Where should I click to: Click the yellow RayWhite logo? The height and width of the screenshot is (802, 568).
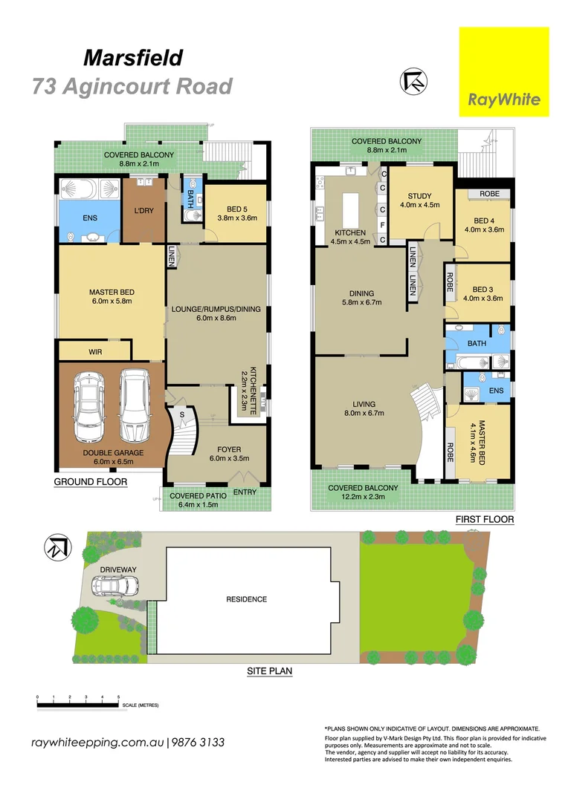click(504, 72)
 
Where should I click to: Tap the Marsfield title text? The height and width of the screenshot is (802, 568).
click(133, 58)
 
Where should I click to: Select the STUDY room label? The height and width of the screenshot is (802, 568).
click(421, 197)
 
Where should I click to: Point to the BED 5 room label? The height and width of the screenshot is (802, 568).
click(235, 209)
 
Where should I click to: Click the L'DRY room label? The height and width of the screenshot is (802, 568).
click(143, 211)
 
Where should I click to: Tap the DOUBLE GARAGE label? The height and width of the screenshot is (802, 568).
click(114, 451)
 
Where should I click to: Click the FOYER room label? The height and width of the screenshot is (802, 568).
click(228, 449)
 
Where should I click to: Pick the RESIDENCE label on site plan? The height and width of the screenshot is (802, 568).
click(248, 599)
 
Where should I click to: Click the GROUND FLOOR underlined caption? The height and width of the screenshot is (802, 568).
click(90, 482)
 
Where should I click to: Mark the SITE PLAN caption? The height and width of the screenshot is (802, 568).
click(269, 671)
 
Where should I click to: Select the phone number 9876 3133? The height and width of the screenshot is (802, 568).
click(199, 743)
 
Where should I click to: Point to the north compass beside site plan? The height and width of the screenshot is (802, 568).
click(57, 547)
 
